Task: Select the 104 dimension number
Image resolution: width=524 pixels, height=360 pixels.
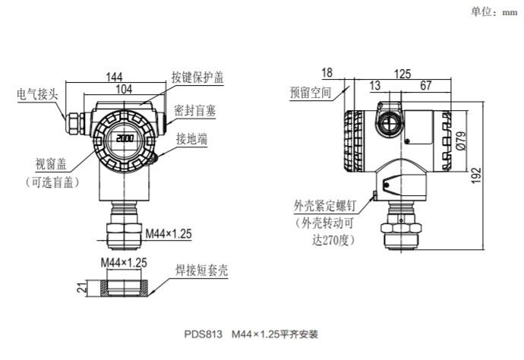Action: pyautogui.click(x=122, y=90)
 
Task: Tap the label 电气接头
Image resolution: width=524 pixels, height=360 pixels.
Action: pyautogui.click(x=39, y=95)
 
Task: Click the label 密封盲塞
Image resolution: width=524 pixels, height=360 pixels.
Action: pyautogui.click(x=194, y=111)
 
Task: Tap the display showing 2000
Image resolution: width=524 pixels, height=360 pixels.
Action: pyautogui.click(x=125, y=140)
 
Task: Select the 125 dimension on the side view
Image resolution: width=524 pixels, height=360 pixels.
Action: pyautogui.click(x=403, y=74)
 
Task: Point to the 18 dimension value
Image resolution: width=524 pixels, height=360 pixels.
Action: pyautogui.click(x=327, y=73)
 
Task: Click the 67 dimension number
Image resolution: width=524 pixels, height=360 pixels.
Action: pyautogui.click(x=425, y=86)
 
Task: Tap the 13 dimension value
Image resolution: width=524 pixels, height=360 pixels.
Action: pyautogui.click(x=375, y=86)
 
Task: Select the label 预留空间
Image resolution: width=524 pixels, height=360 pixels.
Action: pyautogui.click(x=311, y=93)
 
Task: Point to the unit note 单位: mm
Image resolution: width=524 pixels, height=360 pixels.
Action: pyautogui.click(x=494, y=11)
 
